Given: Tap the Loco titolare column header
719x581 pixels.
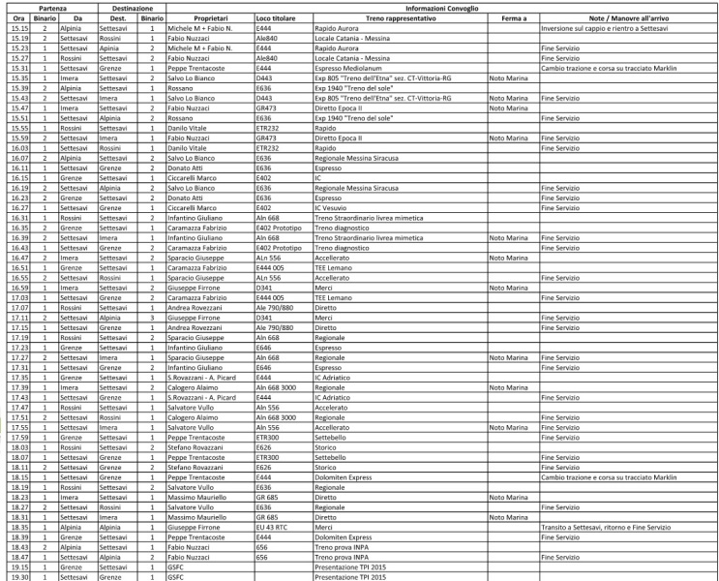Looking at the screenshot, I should [276, 18].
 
